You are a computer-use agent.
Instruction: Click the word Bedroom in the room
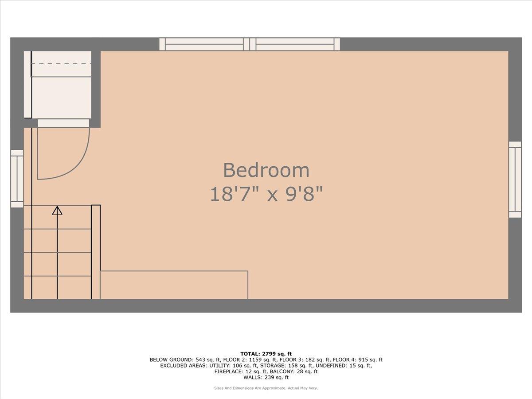point(266,170)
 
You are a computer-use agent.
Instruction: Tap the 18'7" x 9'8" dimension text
point(266,194)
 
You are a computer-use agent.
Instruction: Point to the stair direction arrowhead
point(57,210)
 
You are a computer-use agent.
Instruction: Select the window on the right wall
point(515,180)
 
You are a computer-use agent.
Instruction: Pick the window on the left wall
point(17,179)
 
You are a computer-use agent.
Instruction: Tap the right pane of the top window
point(295,44)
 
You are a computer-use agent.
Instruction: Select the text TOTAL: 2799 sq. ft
point(266,354)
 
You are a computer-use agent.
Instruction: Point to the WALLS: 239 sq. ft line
point(266,377)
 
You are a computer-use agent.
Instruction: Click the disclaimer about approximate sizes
point(266,388)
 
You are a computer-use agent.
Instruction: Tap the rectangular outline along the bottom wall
point(174,285)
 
